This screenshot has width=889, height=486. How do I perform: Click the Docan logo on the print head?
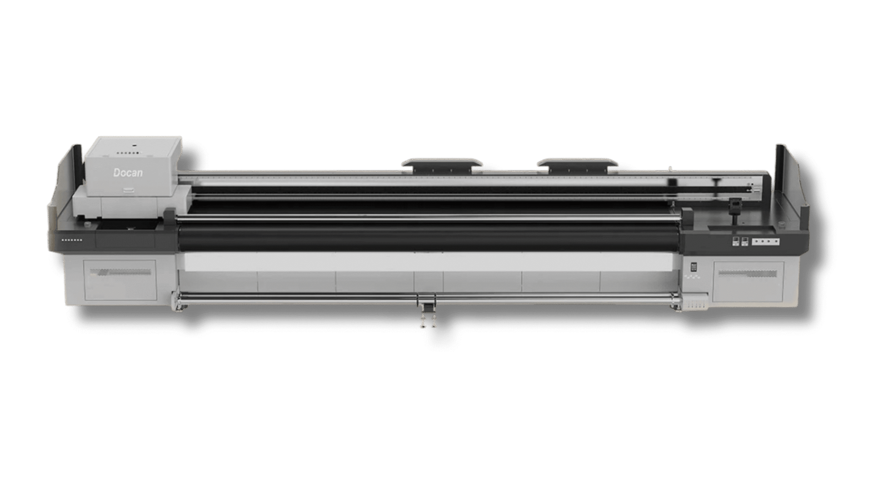(x=128, y=173)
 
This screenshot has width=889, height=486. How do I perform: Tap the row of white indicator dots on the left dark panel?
(x=72, y=240)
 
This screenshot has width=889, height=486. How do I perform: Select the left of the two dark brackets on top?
(x=442, y=165)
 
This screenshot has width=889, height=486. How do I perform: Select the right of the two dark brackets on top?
(x=577, y=165)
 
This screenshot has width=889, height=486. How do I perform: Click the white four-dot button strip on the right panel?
(x=766, y=241)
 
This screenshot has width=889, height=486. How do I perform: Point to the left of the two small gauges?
(x=736, y=241)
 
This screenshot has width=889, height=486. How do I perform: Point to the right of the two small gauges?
(x=745, y=241)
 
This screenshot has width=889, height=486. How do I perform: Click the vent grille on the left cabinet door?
(x=121, y=272)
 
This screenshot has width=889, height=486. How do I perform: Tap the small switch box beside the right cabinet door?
(x=694, y=267)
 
